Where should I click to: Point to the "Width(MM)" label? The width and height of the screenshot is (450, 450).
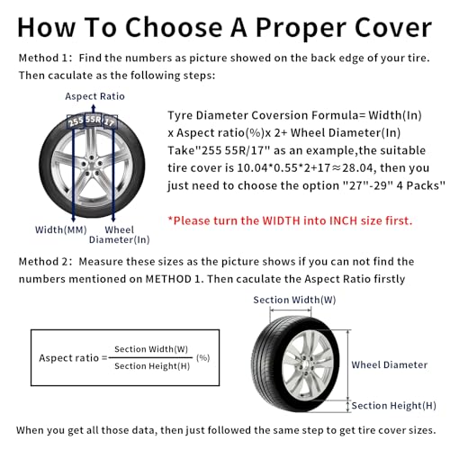[61, 229]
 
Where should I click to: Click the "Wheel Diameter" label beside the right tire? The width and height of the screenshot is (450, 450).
[389, 364]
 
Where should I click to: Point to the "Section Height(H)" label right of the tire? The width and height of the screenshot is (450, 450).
[393, 406]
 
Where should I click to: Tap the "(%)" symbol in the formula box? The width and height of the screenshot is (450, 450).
[202, 357]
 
